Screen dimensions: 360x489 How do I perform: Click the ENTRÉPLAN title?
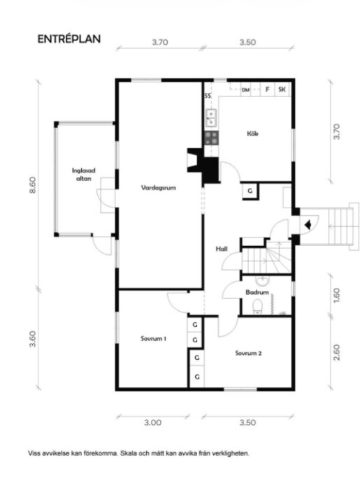click(x=69, y=39)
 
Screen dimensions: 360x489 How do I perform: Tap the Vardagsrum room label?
click(x=159, y=188)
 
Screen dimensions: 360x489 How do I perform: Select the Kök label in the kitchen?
click(x=252, y=134)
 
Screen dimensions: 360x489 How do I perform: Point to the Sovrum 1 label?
click(x=153, y=338)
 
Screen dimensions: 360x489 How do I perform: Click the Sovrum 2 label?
click(x=248, y=353)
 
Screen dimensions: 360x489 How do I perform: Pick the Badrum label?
click(x=257, y=293)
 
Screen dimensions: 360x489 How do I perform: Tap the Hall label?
click(x=222, y=249)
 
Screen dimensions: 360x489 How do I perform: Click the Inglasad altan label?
click(x=84, y=175)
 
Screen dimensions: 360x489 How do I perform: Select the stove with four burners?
click(x=211, y=138)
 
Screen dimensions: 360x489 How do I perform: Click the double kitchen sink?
click(x=211, y=118)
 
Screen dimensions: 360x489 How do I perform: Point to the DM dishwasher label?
click(x=245, y=90)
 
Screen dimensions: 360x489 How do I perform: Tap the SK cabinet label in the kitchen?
click(x=282, y=89)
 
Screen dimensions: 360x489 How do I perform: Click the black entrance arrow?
click(x=308, y=224)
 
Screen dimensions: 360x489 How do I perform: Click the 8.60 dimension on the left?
click(x=32, y=185)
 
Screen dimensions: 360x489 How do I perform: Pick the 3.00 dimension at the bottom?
click(x=153, y=423)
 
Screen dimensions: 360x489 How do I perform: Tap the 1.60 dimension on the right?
click(x=336, y=295)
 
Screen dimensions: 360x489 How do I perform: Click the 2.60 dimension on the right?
click(x=336, y=352)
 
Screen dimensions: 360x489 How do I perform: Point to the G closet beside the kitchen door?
click(x=250, y=191)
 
